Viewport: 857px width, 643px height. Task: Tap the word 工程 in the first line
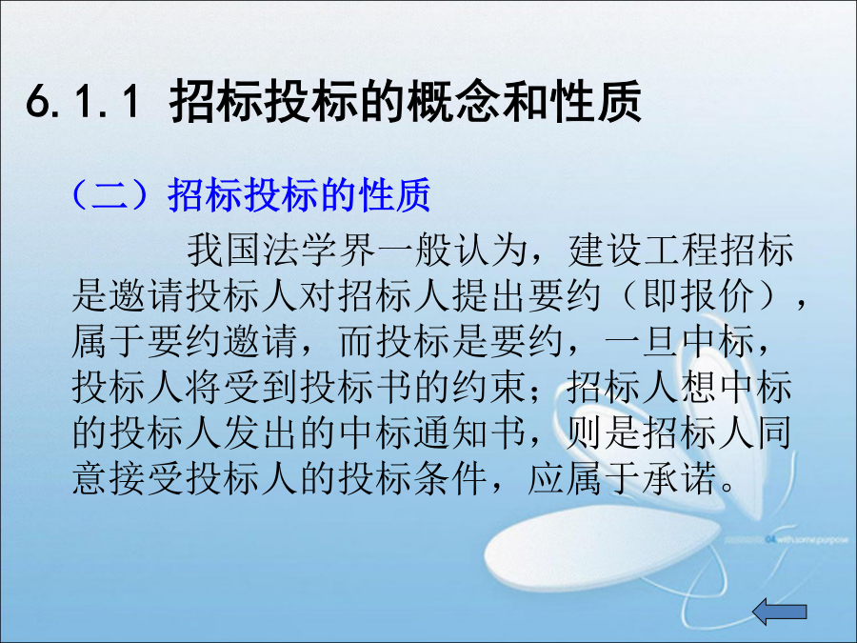681,251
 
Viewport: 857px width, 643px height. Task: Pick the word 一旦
642,342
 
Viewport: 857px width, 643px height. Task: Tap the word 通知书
471,433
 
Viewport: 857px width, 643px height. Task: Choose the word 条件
452,479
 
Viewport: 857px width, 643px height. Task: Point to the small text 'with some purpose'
812,540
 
